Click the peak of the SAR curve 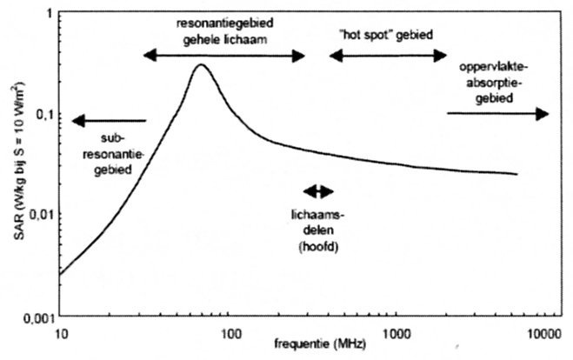point(201,65)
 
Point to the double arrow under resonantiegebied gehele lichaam point(224,56)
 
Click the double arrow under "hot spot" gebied point(388,56)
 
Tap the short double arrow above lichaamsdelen point(317,191)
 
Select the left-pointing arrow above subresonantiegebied point(110,121)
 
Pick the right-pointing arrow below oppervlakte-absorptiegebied point(498,113)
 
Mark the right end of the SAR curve point(517,174)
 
